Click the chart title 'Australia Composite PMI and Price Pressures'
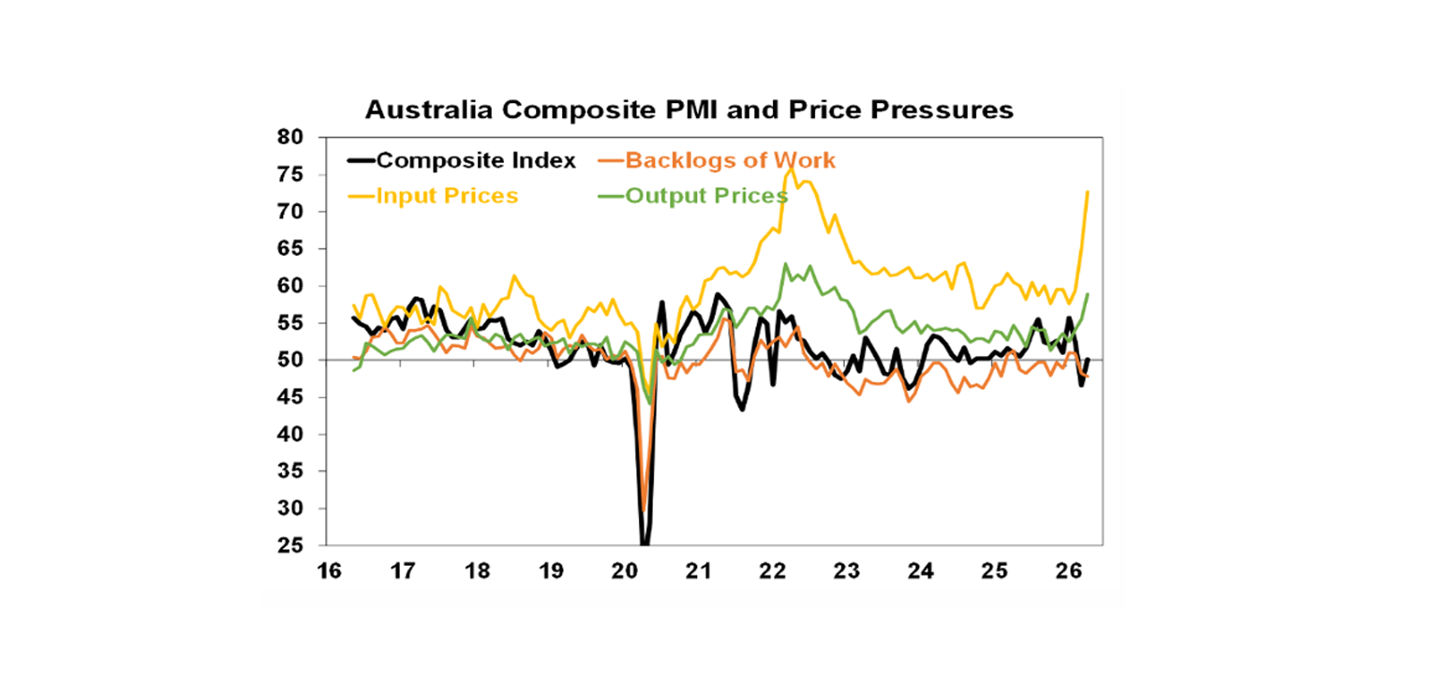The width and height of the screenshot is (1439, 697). tap(689, 110)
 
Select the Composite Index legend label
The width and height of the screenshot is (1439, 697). tap(476, 160)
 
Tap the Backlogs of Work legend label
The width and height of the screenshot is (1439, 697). tap(730, 160)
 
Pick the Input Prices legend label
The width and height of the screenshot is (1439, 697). tap(447, 196)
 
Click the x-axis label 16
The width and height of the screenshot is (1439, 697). tap(327, 570)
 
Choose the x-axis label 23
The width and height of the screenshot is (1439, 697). tap(848, 570)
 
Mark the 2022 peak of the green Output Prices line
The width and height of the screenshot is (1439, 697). tap(785, 264)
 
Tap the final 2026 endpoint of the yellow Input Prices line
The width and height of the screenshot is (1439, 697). tap(1088, 191)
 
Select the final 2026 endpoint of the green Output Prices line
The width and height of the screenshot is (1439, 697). tap(1088, 294)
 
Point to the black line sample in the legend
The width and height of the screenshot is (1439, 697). tap(361, 160)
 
